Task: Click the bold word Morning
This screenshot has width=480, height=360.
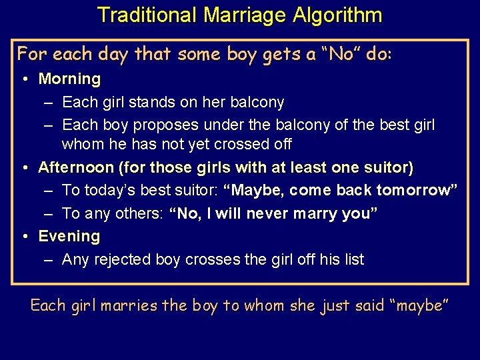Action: (x=69, y=79)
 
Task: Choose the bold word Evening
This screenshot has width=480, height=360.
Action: (x=69, y=236)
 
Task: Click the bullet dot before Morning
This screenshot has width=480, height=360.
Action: (x=24, y=79)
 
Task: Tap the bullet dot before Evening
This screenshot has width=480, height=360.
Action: (x=24, y=237)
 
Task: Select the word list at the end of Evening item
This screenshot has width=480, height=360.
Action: (x=353, y=259)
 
